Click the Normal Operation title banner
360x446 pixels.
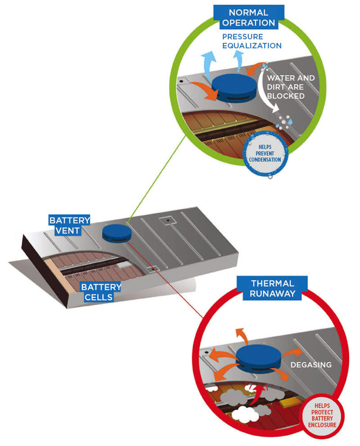click(x=248, y=17)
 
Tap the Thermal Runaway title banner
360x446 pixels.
click(x=272, y=288)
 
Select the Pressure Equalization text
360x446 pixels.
click(x=252, y=41)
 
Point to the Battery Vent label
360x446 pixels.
click(x=69, y=225)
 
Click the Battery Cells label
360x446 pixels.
click(x=101, y=292)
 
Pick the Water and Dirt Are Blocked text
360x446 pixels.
click(x=291, y=87)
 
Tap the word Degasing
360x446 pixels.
click(x=311, y=365)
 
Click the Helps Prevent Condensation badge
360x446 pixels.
click(x=265, y=153)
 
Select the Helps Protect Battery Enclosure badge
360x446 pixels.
click(x=322, y=415)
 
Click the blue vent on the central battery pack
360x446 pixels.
click(x=117, y=233)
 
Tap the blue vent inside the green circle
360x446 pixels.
click(x=234, y=88)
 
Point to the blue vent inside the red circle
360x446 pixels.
click(x=258, y=359)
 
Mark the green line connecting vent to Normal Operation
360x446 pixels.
click(x=156, y=179)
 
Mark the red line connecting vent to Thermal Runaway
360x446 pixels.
click(x=165, y=280)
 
